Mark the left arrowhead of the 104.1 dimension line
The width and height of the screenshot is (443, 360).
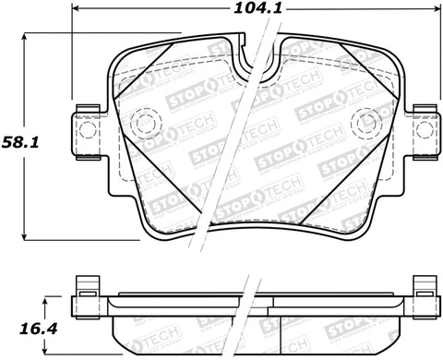point(75,11)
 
